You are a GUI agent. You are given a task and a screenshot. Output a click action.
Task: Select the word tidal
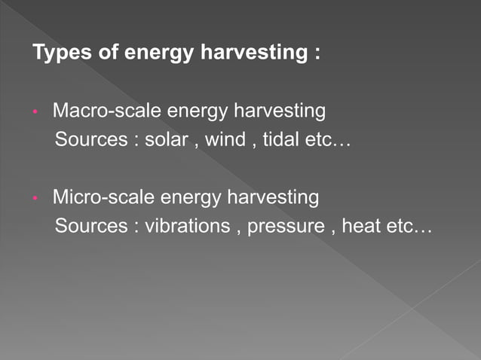click(x=281, y=140)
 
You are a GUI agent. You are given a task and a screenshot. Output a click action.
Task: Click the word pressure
click(x=288, y=227)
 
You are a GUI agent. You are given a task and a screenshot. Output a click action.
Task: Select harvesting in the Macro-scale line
click(x=279, y=112)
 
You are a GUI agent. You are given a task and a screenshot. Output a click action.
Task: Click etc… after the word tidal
click(x=332, y=140)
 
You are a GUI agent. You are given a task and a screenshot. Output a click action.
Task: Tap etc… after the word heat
click(x=411, y=226)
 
